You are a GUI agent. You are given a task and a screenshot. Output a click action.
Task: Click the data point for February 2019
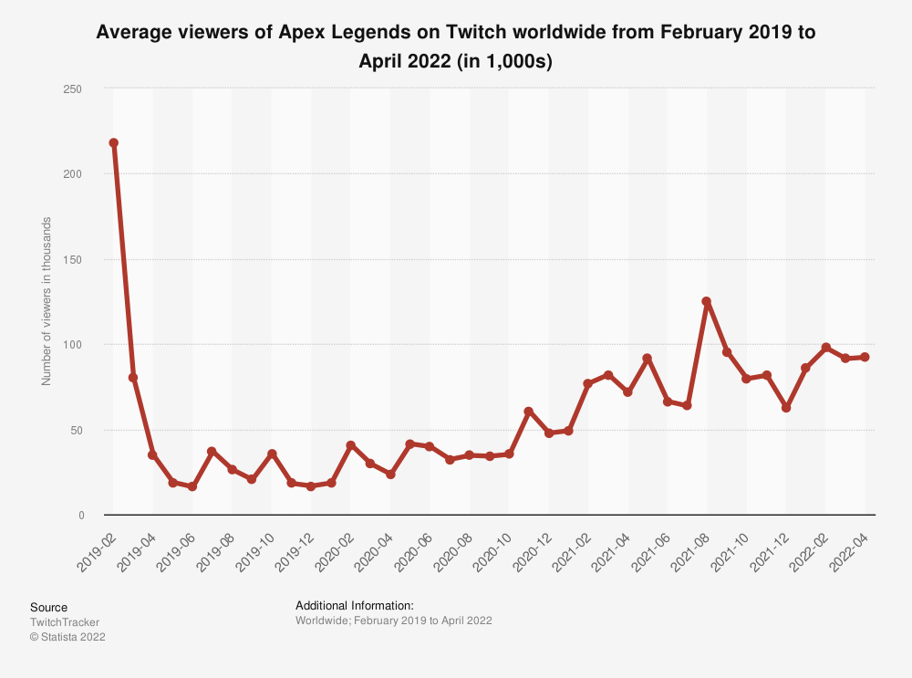pyautogui.click(x=113, y=143)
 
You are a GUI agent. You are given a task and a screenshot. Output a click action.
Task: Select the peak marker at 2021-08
pyautogui.click(x=707, y=301)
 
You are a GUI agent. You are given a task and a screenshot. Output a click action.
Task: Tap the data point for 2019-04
pyautogui.click(x=152, y=454)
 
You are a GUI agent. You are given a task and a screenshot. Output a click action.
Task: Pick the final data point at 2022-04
pyautogui.click(x=865, y=357)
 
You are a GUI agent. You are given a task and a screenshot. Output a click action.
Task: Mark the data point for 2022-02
pyautogui.click(x=826, y=348)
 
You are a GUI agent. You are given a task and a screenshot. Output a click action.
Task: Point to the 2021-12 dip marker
pyautogui.click(x=786, y=408)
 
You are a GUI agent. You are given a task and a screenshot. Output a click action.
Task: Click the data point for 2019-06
pyautogui.click(x=192, y=487)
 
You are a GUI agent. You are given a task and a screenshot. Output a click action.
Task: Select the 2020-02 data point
pyautogui.click(x=351, y=445)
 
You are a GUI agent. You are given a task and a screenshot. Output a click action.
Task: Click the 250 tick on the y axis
pyautogui.click(x=73, y=89)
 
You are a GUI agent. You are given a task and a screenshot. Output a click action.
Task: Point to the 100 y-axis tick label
pyautogui.click(x=73, y=345)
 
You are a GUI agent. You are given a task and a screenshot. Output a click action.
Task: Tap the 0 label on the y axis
pyautogui.click(x=80, y=516)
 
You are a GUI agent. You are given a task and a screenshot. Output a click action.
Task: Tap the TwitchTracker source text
pyautogui.click(x=65, y=622)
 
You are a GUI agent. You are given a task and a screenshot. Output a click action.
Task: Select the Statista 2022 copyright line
pyautogui.click(x=67, y=637)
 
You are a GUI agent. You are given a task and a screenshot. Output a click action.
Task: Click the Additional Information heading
pyautogui.click(x=355, y=606)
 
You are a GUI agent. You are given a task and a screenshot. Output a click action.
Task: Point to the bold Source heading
pyautogui.click(x=48, y=607)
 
